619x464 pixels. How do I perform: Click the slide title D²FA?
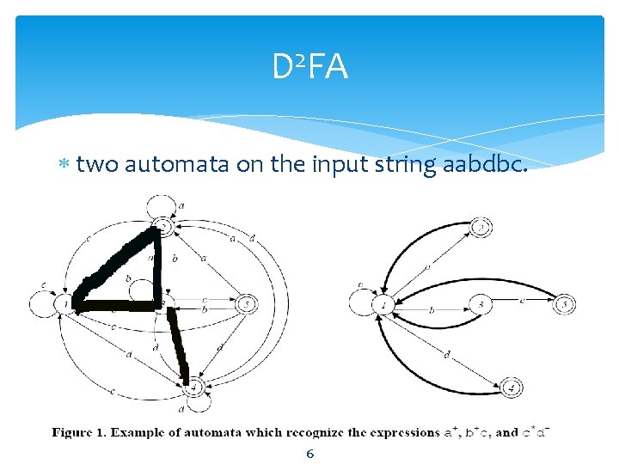(x=310, y=67)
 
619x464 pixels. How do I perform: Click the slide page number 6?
(x=310, y=453)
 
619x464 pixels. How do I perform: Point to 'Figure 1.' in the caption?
(x=83, y=432)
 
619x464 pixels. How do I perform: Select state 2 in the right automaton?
(x=483, y=228)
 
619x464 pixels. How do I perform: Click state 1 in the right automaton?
(x=384, y=303)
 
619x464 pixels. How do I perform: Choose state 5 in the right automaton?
(x=565, y=303)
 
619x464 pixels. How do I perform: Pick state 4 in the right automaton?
(x=511, y=388)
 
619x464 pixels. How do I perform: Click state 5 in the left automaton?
(x=246, y=303)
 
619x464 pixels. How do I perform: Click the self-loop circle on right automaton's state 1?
(x=361, y=302)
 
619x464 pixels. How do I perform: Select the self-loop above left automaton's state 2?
(x=162, y=206)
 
